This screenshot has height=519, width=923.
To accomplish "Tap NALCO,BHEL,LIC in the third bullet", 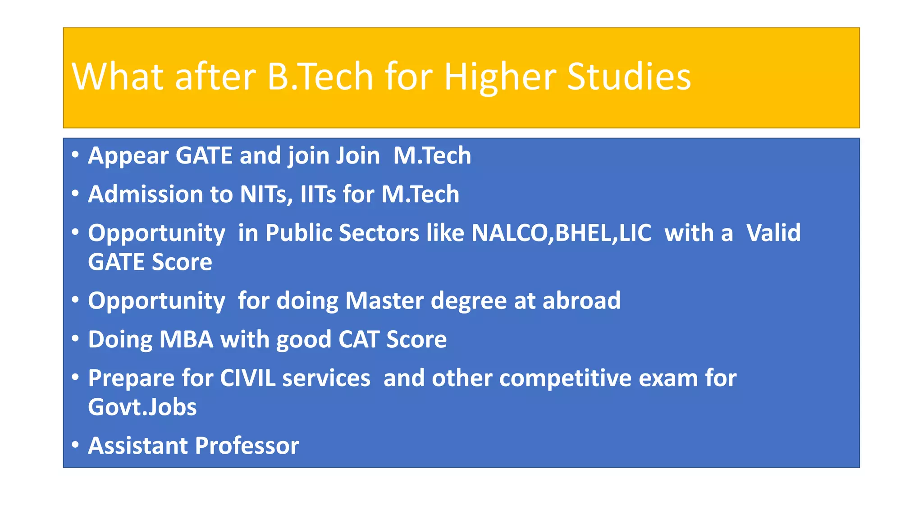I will (561, 233).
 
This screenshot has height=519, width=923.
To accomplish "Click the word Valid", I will (773, 233).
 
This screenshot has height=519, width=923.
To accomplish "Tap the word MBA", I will (186, 339).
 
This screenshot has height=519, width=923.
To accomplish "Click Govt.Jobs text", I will (142, 407).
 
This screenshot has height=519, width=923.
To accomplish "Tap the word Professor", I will (247, 446).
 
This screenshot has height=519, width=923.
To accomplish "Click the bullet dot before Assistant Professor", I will (75, 445).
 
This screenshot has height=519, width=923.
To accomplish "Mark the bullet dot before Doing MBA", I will (75, 338).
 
